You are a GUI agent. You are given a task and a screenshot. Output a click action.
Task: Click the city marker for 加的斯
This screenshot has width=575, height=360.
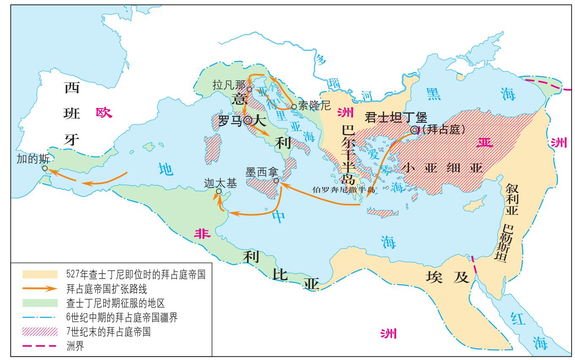click(44, 168)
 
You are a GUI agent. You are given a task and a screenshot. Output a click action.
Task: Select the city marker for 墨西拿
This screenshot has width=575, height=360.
click(276, 181)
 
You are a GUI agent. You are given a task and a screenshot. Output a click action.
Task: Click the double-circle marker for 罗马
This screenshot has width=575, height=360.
click(248, 120)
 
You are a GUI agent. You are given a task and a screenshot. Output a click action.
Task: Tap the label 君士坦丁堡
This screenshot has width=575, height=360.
click(396, 117)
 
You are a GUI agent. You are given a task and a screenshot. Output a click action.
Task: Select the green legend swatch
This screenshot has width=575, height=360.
click(40, 303)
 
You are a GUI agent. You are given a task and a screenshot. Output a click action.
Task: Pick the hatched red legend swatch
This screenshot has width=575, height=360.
click(40, 332)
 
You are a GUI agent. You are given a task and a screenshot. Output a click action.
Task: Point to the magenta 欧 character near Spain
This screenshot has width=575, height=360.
click(103, 112)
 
